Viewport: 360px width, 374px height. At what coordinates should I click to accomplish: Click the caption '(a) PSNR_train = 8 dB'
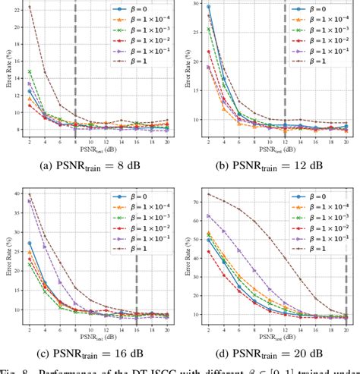[x=90, y=162]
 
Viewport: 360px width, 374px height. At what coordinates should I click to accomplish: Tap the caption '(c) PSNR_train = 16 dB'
[x=90, y=353]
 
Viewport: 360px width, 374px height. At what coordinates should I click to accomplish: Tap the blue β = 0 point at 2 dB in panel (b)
[x=208, y=7]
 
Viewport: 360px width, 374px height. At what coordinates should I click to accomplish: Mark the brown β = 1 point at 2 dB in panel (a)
[x=29, y=7]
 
